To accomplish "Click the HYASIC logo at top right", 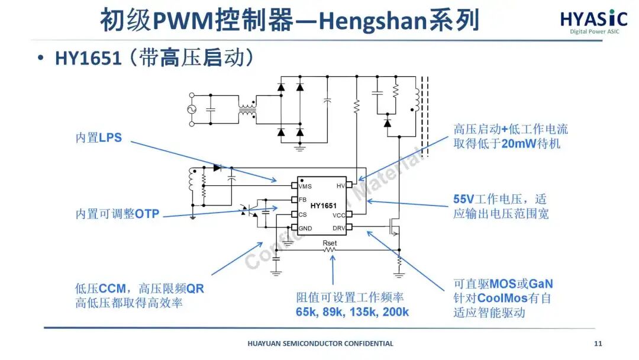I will tap(590, 20).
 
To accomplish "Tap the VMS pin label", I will tap(305, 187).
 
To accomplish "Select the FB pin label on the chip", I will tap(302, 200).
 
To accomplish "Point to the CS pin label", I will tap(302, 214).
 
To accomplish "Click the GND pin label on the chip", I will tap(305, 229).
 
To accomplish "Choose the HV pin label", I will tap(340, 186).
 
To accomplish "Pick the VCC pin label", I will tap(338, 215).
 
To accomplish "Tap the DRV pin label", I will tap(338, 228).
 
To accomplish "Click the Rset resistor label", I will tap(330, 243).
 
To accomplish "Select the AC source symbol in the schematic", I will tap(192, 110).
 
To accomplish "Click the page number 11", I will tap(598, 343).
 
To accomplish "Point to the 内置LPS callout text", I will tap(98, 138).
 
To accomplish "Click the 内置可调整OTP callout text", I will tap(117, 214).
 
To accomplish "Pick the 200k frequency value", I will tap(396, 312).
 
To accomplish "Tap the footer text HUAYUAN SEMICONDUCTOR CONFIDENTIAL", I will tap(319, 343).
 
